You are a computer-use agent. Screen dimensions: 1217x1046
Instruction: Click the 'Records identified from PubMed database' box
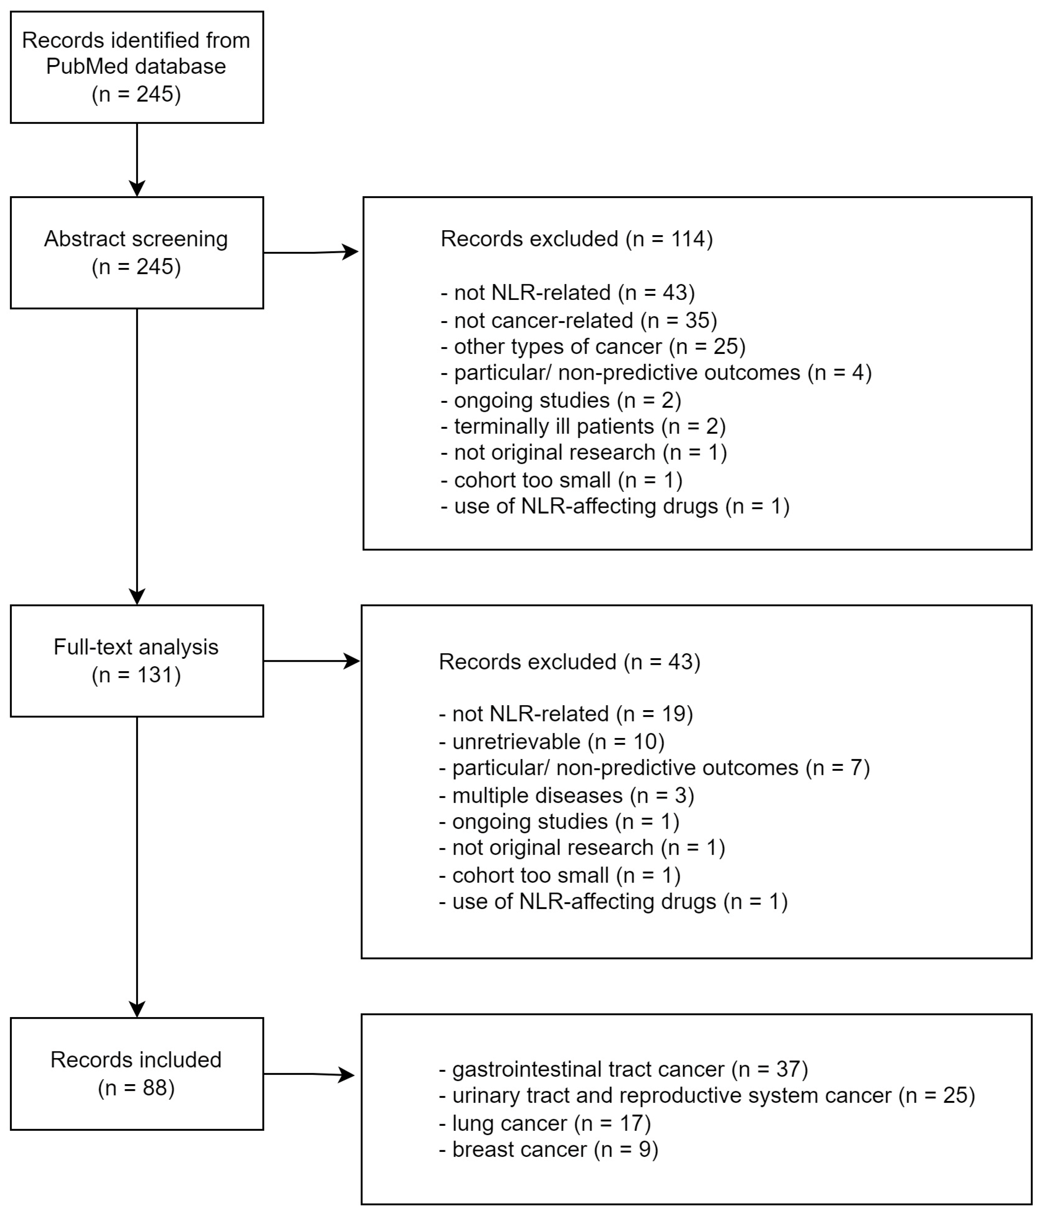click(137, 67)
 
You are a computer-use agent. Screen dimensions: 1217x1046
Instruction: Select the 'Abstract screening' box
click(137, 253)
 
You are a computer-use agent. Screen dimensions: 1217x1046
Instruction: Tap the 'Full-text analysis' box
click(137, 661)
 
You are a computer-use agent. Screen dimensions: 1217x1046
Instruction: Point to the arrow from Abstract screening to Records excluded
click(311, 253)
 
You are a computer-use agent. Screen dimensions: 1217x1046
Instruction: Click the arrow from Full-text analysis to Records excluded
click(311, 661)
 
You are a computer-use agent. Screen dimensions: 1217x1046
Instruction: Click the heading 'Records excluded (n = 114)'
click(576, 239)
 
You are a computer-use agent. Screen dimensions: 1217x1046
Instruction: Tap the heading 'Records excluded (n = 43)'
click(569, 662)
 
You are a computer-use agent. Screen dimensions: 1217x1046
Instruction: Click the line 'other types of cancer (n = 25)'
click(593, 347)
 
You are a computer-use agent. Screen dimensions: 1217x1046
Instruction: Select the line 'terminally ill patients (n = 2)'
click(583, 426)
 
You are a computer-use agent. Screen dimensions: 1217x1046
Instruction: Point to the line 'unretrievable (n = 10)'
click(552, 742)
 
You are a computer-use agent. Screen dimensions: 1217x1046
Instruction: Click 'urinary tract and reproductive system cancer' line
click(707, 1096)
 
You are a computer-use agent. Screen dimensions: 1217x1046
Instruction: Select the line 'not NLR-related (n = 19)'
click(566, 714)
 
